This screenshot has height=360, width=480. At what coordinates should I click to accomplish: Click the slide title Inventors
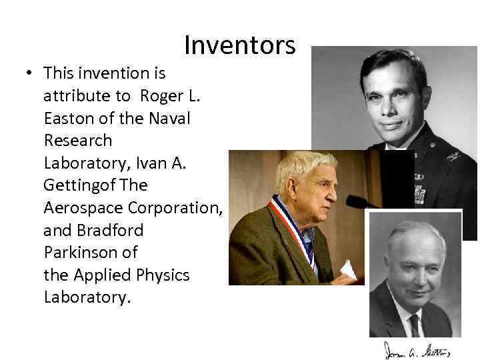[239, 45]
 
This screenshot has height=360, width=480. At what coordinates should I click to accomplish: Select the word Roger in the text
[159, 95]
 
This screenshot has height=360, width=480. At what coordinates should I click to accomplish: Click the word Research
[78, 141]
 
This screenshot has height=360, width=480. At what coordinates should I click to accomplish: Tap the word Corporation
[175, 207]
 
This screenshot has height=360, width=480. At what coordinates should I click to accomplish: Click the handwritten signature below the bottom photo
[416, 349]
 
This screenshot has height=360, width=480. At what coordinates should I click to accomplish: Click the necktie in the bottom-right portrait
[414, 325]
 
